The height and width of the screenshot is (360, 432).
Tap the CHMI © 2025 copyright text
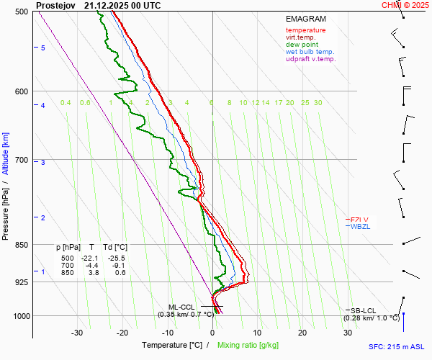[406, 5]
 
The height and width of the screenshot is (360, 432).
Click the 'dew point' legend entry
[302, 45]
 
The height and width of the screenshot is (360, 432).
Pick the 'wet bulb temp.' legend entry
[310, 52]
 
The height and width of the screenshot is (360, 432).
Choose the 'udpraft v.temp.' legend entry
[310, 59]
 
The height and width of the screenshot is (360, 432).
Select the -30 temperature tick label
[77, 333]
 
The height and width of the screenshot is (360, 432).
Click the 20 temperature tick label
[302, 333]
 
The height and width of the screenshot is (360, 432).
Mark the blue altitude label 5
[43, 48]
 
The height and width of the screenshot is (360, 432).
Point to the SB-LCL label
[363, 310]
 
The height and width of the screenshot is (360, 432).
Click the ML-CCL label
[182, 307]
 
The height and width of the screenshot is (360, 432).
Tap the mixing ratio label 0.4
[66, 103]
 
